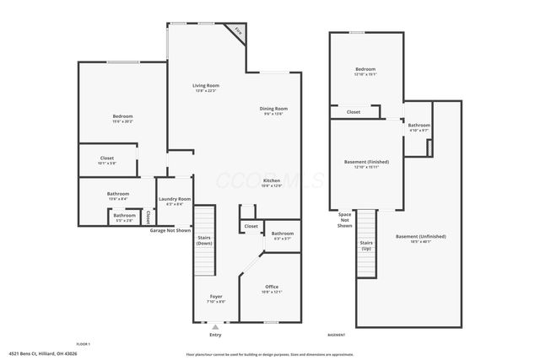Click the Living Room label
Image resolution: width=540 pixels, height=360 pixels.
pyautogui.click(x=206, y=85)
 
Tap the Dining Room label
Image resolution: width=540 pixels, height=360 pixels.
pyautogui.click(x=273, y=109)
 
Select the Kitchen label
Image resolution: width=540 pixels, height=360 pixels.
pyautogui.click(x=272, y=181)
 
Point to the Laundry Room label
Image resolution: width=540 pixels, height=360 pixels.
pyautogui.click(x=175, y=199)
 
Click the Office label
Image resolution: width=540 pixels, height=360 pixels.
pyautogui.click(x=272, y=287)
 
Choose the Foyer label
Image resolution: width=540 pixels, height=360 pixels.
pyautogui.click(x=217, y=297)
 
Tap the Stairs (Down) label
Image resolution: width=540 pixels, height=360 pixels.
pyautogui.click(x=204, y=240)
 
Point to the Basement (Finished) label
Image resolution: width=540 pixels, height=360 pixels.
pyautogui.click(x=366, y=162)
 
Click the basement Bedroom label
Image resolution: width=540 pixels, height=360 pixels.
pyautogui.click(x=365, y=69)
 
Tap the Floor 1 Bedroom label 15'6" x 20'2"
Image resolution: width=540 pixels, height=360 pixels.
pyautogui.click(x=123, y=116)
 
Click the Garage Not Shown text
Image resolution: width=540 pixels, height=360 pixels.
pyautogui.click(x=170, y=230)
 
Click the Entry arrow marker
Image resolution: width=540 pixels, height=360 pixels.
pyautogui.click(x=215, y=326)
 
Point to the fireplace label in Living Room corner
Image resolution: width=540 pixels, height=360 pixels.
pyautogui.click(x=240, y=32)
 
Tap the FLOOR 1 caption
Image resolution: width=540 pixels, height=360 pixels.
pyautogui.click(x=83, y=345)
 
